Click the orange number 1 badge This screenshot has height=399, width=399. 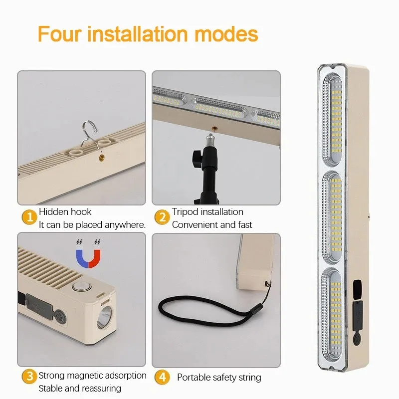pyautogui.click(x=29, y=218)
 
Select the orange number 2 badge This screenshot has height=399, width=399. pyautogui.click(x=162, y=218)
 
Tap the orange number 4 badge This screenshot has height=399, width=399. pyautogui.click(x=162, y=377)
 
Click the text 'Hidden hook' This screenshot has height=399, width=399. pyautogui.click(x=65, y=212)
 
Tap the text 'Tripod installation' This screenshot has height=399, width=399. pyautogui.click(x=207, y=212)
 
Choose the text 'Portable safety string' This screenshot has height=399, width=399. pyautogui.click(x=219, y=378)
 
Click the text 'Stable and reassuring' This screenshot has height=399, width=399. pyautogui.click(x=80, y=389)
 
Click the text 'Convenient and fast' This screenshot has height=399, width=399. pyautogui.click(x=212, y=224)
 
